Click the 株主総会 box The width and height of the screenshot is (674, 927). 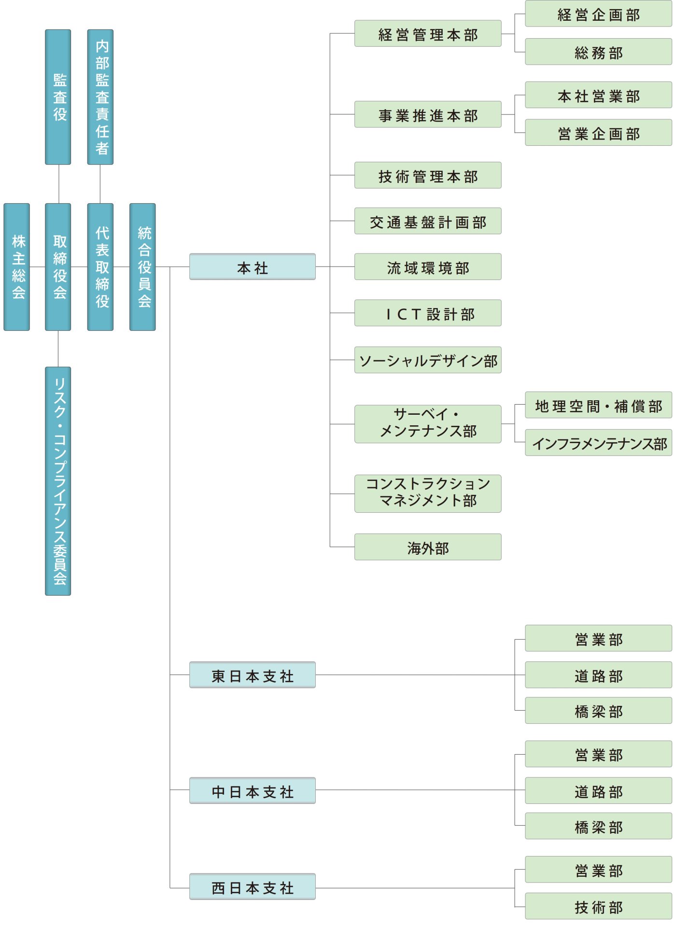(17, 267)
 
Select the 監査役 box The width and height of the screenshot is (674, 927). (58, 97)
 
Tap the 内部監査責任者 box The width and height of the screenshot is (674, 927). (100, 97)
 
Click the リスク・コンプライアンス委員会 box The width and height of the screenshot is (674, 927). (58, 481)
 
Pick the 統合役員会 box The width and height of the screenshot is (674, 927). (142, 267)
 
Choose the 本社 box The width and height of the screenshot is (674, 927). (252, 267)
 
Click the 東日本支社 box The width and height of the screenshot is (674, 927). (252, 674)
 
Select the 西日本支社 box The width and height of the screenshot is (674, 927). (252, 886)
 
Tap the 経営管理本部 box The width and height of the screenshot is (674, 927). (428, 33)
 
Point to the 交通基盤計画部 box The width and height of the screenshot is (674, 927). (428, 221)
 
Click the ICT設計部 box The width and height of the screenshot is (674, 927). (428, 313)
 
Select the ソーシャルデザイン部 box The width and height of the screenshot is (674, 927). (428, 360)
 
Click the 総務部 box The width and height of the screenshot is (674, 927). (598, 52)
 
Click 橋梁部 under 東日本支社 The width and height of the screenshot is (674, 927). (598, 710)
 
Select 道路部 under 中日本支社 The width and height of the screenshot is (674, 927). (598, 790)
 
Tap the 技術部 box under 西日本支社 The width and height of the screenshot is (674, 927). (598, 906)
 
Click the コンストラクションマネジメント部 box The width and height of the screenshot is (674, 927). (428, 493)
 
